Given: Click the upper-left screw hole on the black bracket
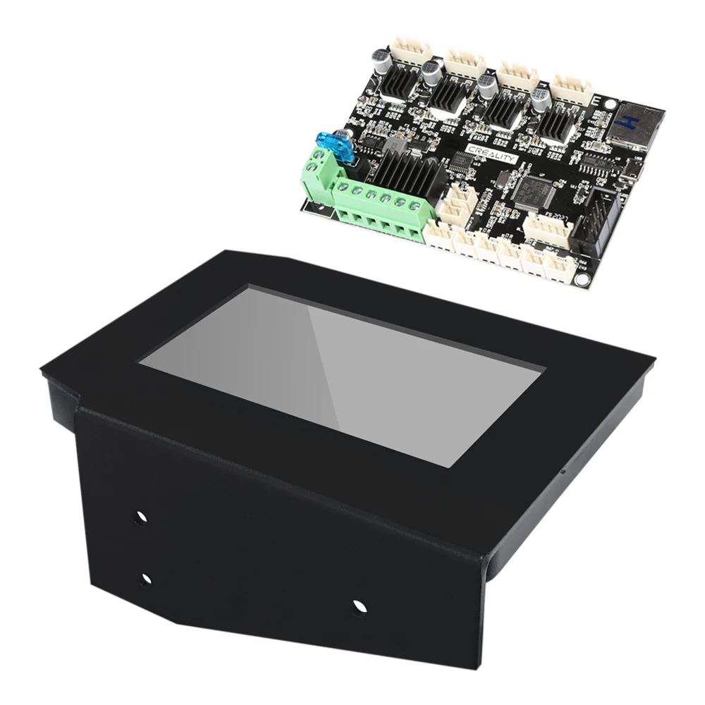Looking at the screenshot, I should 140,517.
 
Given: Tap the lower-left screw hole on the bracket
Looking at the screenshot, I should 145,580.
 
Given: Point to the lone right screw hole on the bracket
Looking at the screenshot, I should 360,606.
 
